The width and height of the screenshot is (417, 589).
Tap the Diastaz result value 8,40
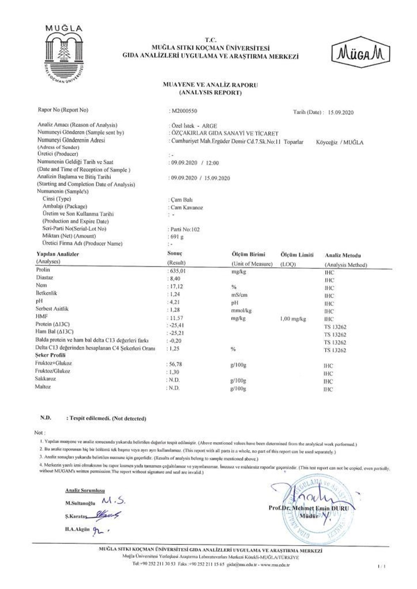175,279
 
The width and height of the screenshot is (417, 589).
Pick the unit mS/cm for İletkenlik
239,295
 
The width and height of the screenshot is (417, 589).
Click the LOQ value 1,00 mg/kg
293,319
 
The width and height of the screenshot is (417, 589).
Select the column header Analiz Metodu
343,255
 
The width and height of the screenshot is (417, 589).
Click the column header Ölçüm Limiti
296,255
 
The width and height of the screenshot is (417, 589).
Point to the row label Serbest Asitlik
52,309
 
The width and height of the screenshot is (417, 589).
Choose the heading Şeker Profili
50,355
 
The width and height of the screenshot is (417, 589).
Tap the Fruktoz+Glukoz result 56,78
175,364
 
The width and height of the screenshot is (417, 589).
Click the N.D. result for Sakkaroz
174,380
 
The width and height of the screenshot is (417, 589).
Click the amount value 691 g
177,237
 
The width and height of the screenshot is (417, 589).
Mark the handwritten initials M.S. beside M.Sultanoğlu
113,501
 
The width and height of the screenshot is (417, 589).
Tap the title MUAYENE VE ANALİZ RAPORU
210,85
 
